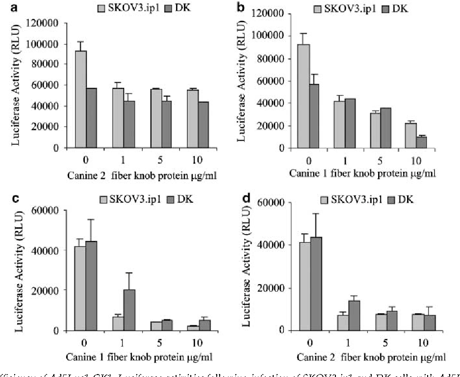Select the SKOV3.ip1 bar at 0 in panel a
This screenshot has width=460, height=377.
point(81,99)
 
